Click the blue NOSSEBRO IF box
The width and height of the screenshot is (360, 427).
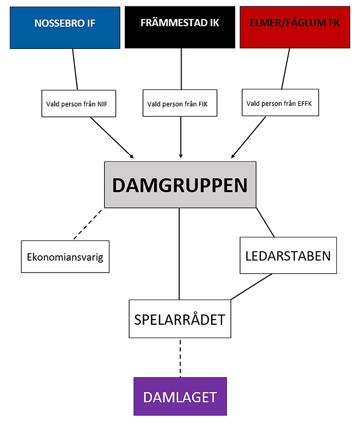tap(65, 28)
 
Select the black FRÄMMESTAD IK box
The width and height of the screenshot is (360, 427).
tap(180, 27)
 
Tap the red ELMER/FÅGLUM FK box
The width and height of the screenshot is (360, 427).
tap(295, 27)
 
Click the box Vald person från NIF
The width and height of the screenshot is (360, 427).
tap(78, 104)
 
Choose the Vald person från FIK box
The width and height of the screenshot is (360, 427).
tap(180, 103)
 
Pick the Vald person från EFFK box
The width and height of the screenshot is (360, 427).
tap(280, 102)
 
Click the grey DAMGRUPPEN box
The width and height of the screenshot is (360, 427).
tap(180, 185)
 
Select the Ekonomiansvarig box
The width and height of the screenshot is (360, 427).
tap(65, 257)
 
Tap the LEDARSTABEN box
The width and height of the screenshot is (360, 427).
tap(288, 255)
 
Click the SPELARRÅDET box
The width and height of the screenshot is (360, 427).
tap(180, 319)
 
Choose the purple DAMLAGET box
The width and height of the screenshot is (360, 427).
tap(180, 396)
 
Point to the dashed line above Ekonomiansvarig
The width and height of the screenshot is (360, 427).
tap(88, 225)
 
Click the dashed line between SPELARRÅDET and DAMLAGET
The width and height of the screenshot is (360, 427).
tap(180, 358)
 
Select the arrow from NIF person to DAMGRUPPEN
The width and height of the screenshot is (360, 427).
tap(112, 138)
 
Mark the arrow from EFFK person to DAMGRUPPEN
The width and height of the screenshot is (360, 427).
tap(248, 137)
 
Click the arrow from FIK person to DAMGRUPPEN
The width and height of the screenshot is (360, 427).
tap(180, 137)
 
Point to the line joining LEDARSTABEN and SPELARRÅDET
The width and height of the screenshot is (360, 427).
tap(251, 287)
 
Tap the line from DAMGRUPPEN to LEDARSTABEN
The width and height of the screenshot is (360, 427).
tap(265, 223)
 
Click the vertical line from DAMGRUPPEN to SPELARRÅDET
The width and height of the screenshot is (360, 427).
tap(179, 254)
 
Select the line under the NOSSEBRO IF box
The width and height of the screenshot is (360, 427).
tap(75, 69)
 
